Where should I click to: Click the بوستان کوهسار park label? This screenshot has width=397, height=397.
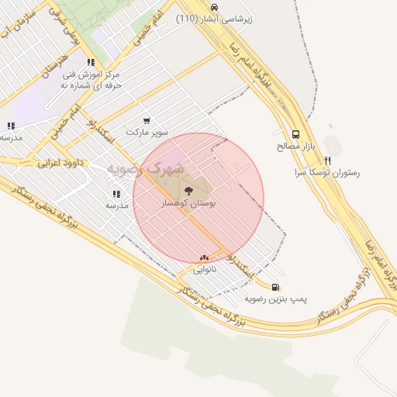[x=186, y=203]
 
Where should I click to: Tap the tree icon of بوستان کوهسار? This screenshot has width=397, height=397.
[x=187, y=188]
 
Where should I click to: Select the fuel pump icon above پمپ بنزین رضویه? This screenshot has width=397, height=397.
[x=277, y=286]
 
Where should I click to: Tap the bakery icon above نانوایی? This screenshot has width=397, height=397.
[x=204, y=257]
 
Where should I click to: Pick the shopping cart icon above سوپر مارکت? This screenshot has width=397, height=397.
[x=147, y=121]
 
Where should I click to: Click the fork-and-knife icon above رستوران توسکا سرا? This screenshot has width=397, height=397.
[x=328, y=161]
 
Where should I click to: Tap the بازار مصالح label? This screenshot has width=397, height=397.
[x=292, y=146]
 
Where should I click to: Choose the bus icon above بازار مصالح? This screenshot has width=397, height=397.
[x=295, y=133]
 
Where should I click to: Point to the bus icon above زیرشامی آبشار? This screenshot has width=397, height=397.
[x=214, y=6]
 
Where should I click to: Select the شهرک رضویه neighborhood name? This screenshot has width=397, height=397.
[x=145, y=167]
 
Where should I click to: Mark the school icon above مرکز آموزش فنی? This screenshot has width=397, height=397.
[x=91, y=62]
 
